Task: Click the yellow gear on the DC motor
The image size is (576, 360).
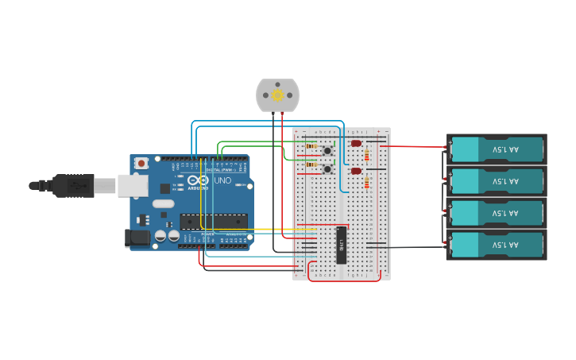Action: coord(277,95)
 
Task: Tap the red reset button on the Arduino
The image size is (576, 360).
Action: coord(141,163)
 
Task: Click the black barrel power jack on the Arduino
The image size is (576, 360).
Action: coord(137,237)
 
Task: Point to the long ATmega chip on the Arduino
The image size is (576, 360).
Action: coord(212,222)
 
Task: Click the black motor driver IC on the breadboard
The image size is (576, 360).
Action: coord(342,246)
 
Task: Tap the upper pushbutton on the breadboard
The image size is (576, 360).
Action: coord(327,149)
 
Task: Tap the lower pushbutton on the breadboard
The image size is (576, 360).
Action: coord(327,168)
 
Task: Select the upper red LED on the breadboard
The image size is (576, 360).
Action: coord(356,143)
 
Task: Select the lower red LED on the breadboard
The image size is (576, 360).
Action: coord(356,170)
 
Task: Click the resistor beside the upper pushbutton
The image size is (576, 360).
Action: coord(311,146)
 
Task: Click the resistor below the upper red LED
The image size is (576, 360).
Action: coord(366,156)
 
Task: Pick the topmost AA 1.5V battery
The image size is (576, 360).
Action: coord(497,149)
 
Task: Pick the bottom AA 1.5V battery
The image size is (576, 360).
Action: coord(497,246)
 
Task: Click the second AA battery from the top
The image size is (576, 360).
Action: coord(497,181)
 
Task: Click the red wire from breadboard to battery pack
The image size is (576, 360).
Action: coord(413,146)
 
